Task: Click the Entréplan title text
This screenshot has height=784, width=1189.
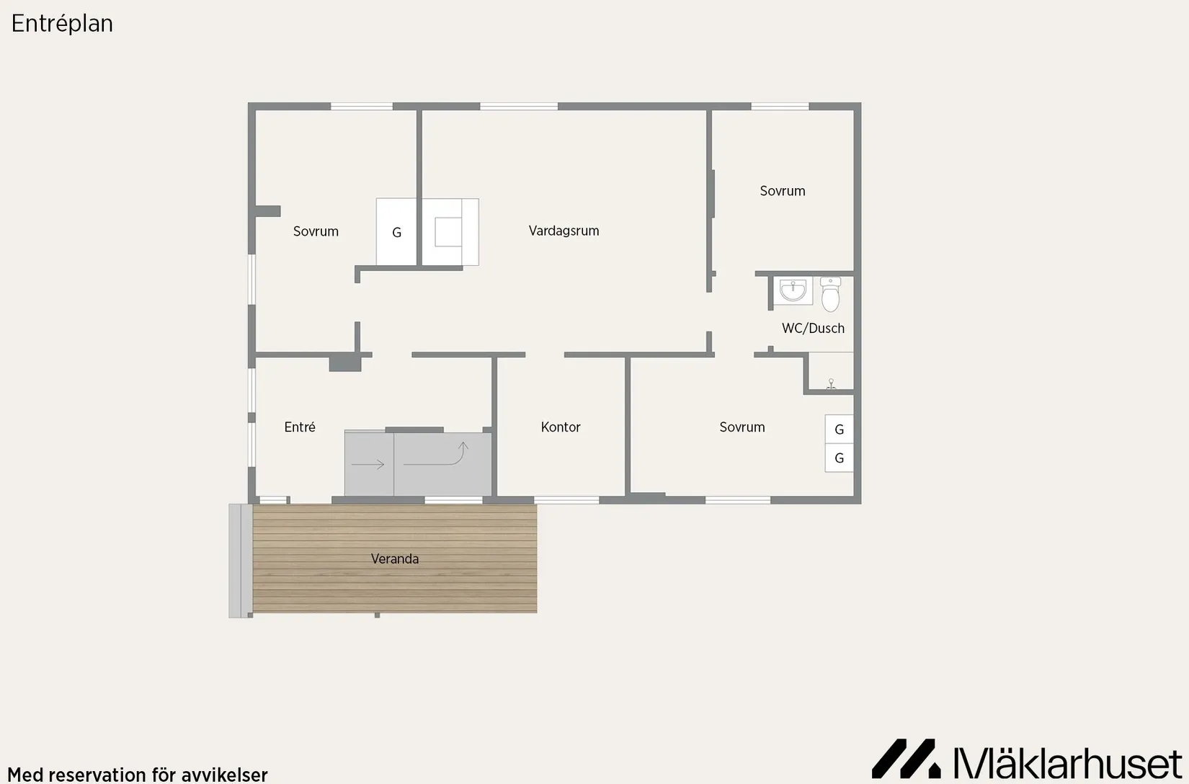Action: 62,24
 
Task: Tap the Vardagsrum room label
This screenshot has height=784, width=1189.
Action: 564,231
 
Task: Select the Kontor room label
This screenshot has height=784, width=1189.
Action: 561,427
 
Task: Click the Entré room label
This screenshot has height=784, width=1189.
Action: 299,427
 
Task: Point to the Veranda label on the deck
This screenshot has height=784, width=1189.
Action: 394,559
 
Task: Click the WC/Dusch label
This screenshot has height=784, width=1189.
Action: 813,329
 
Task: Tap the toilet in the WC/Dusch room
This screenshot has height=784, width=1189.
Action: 831,294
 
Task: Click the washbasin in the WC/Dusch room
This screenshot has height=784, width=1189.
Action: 793,290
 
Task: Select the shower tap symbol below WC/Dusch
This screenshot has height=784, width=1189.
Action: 832,384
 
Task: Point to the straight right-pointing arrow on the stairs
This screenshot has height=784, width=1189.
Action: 368,465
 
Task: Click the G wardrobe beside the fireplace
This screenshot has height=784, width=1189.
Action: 396,232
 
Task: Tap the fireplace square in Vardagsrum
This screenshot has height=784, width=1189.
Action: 448,232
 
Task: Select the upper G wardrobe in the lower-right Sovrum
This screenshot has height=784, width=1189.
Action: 840,429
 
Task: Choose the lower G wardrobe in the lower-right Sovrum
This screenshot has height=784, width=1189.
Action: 840,458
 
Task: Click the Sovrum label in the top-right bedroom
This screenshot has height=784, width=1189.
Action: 783,191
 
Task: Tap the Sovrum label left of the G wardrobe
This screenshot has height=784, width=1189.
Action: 316,231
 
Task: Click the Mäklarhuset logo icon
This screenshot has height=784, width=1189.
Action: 906,758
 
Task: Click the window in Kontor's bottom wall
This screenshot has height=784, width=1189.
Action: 566,500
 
